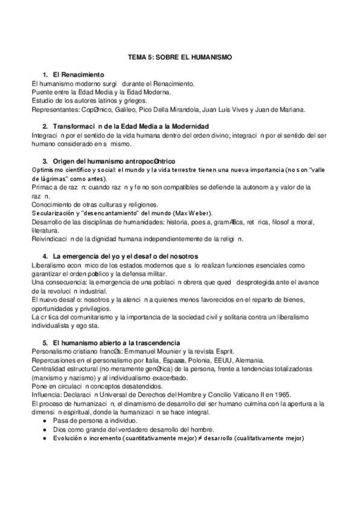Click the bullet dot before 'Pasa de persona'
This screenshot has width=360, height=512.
coord(47,420)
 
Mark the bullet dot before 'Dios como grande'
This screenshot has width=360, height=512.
coord(47,429)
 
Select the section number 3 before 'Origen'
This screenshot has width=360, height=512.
coord(45,161)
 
